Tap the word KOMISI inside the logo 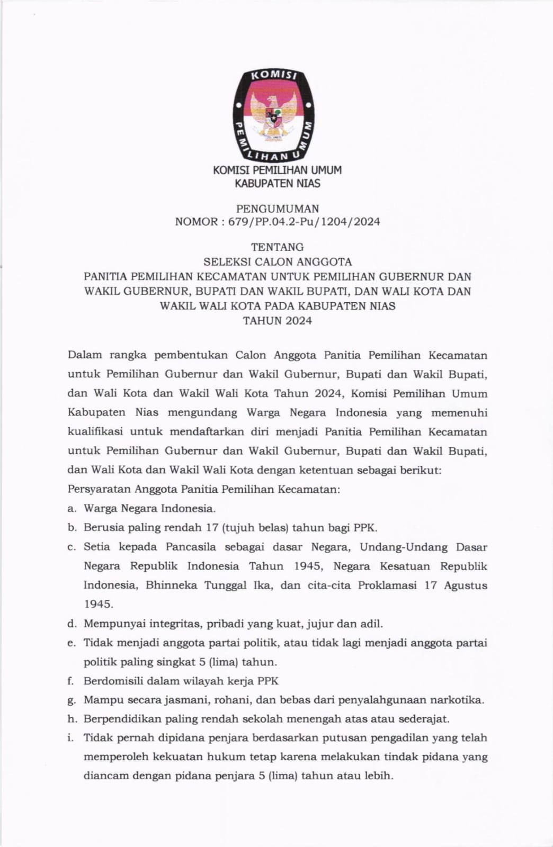[x=274, y=76]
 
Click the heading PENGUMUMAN [x=278, y=209]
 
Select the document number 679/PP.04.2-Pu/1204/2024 [x=304, y=222]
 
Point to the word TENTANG [x=278, y=247]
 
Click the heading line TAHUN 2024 [x=278, y=321]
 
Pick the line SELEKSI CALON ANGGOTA [x=278, y=262]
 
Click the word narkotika [x=457, y=700]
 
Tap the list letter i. [x=70, y=738]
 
